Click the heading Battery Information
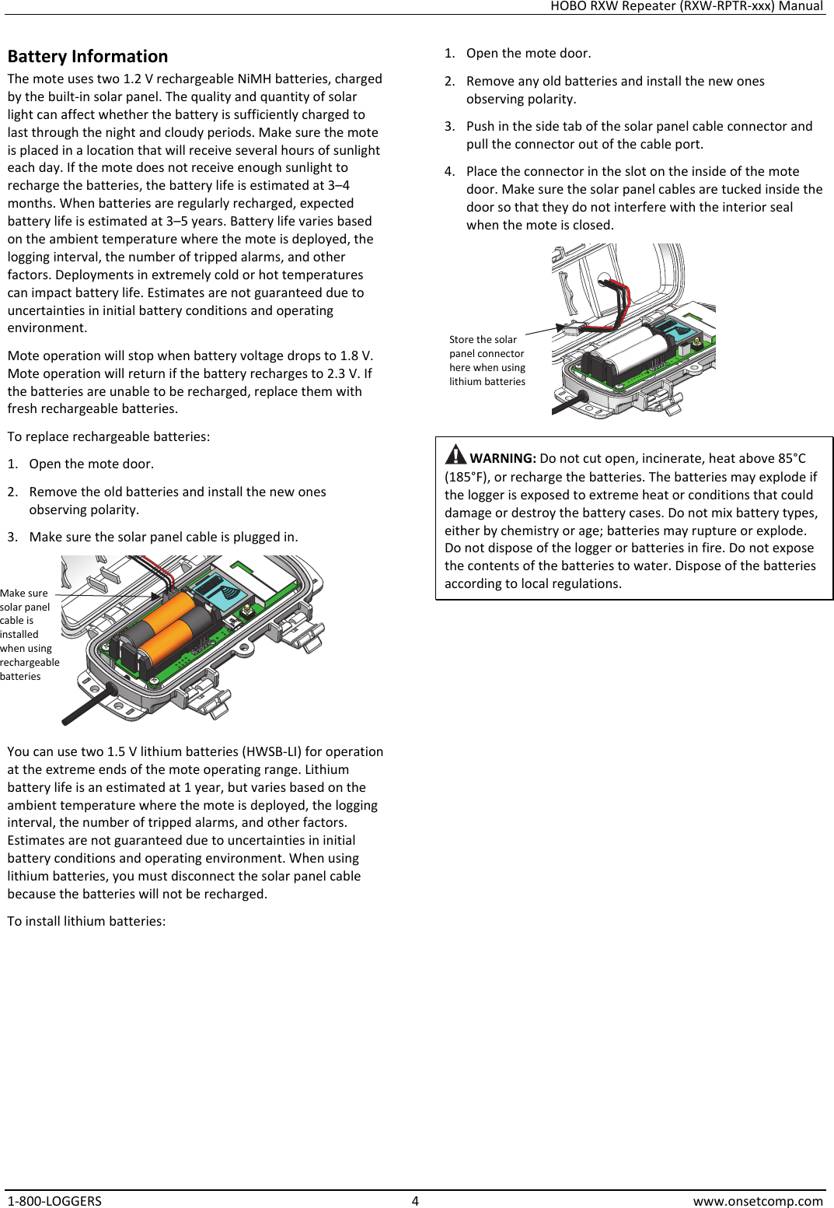coord(88,57)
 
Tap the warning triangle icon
coord(455,454)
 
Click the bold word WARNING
coord(503,459)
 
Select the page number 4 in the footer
coord(415,1201)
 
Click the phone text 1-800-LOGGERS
coord(54,1201)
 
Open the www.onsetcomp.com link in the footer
coord(757,1201)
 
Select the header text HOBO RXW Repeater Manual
coord(686,6)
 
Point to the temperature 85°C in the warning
coord(791,459)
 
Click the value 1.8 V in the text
coord(355,356)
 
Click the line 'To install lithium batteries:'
coord(86,922)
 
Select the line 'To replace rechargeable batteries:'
coord(108,437)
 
